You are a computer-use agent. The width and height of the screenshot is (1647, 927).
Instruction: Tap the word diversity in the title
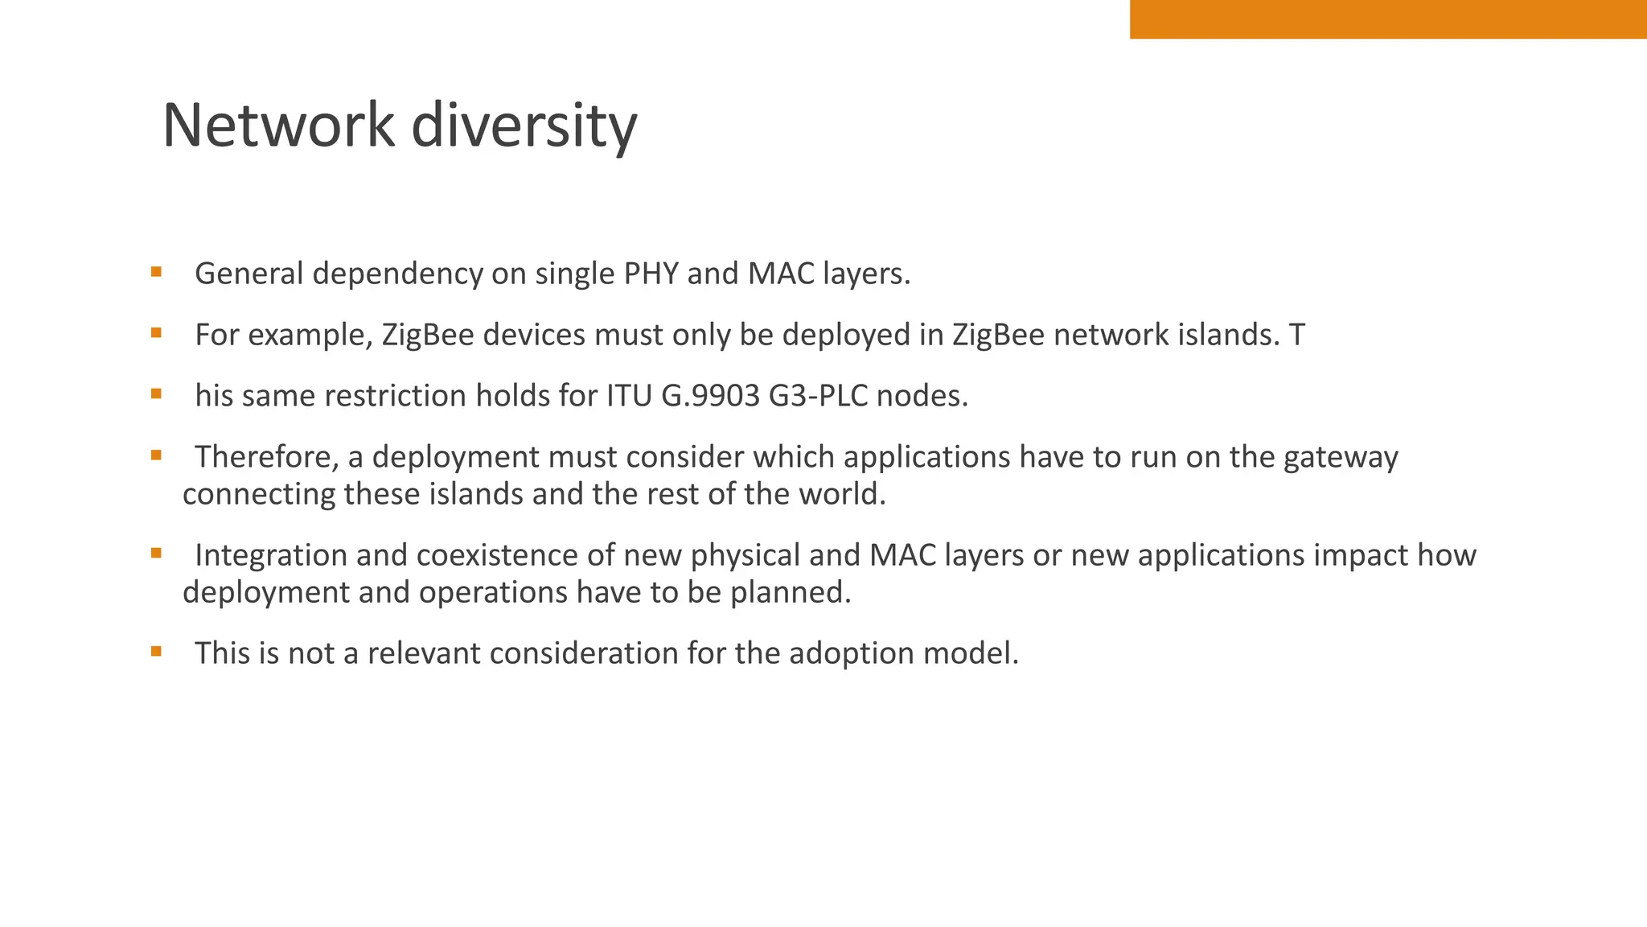point(524,127)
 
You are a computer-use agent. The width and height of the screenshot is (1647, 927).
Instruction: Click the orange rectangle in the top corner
point(1387,19)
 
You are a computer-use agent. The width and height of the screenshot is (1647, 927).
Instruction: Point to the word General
point(249,274)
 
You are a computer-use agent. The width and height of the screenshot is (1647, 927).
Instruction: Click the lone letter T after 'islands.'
point(1296,335)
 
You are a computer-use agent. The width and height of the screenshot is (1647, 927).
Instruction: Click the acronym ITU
point(629,396)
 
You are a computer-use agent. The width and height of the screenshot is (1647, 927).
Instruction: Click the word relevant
point(424,653)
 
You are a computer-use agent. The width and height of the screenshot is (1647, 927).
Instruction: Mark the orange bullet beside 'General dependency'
point(156,272)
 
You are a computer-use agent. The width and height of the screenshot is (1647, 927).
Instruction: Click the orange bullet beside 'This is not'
point(156,651)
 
